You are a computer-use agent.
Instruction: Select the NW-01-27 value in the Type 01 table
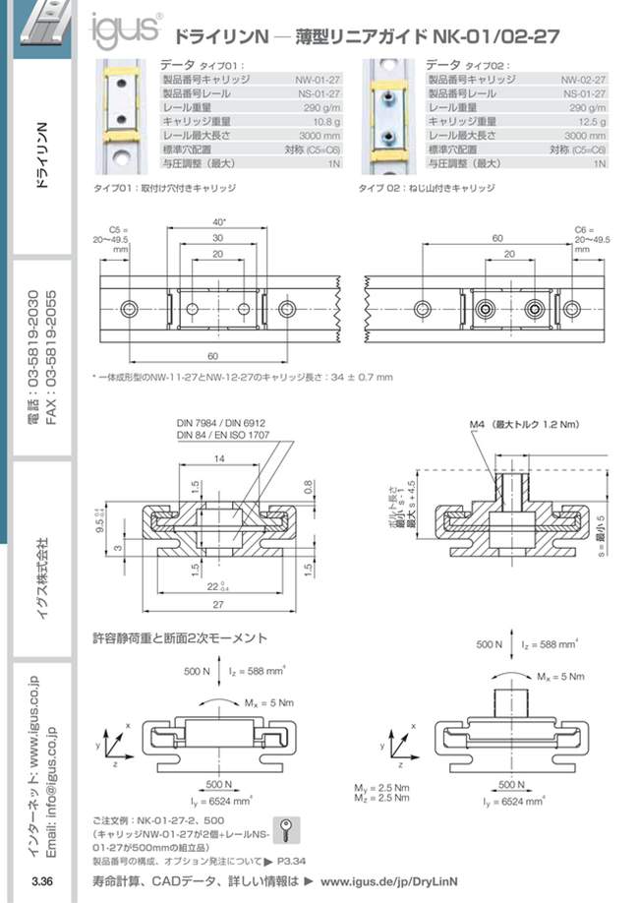(319, 76)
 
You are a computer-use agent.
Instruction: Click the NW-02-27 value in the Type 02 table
(583, 76)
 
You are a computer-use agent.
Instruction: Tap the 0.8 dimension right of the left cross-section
(310, 485)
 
